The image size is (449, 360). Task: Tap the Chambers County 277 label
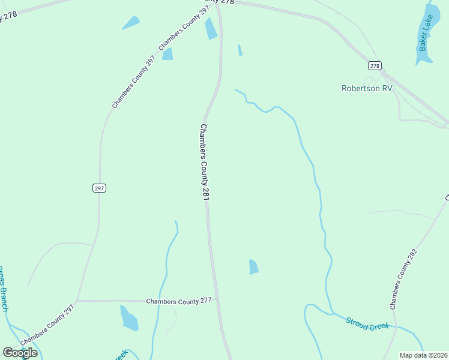pyautogui.click(x=179, y=301)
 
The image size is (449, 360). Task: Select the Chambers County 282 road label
pyautogui.click(x=403, y=279)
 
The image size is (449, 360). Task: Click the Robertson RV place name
pyautogui.click(x=367, y=88)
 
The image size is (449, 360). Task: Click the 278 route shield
pyautogui.click(x=375, y=65)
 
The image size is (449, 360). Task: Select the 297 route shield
pyautogui.click(x=100, y=188)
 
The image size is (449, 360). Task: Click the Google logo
pyautogui.click(x=20, y=353)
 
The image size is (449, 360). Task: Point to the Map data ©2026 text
pyautogui.click(x=424, y=355)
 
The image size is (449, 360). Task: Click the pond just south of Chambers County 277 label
pyautogui.click(x=129, y=318)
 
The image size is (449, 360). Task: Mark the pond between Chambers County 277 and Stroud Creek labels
pyautogui.click(x=253, y=266)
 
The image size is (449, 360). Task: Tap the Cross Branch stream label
pyautogui.click(x=3, y=288)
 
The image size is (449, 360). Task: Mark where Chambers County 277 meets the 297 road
pyautogui.click(x=77, y=300)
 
